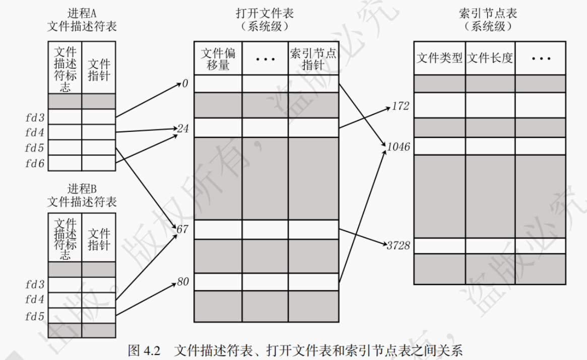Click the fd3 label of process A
35,118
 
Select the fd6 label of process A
35,163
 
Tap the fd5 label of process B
35,316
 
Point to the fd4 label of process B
35,300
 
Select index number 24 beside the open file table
182,129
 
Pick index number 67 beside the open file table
182,230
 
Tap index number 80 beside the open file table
182,282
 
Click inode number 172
400,107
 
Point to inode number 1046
399,147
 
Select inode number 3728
399,246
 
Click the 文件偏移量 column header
218,58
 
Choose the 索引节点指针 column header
313,58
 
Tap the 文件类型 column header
439,58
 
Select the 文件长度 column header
490,58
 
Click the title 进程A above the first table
82,14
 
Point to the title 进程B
82,189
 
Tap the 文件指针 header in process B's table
99,240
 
